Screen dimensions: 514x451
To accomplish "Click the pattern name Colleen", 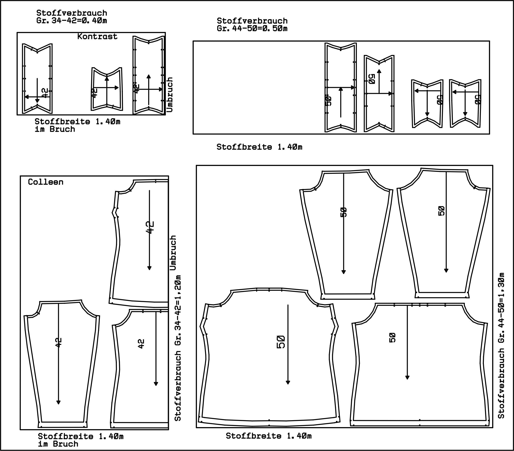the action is (46, 182).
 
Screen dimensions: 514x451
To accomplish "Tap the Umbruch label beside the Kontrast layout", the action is (170, 94).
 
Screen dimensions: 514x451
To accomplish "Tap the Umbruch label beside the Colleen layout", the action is (173, 253).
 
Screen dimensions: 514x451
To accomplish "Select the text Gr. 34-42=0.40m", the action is (72, 21).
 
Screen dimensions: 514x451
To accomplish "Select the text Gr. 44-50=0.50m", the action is (252, 29).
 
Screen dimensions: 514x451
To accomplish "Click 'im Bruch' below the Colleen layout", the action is (58, 444).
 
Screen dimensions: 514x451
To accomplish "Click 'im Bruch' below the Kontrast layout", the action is (55, 129).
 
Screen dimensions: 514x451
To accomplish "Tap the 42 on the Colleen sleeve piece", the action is (58, 343).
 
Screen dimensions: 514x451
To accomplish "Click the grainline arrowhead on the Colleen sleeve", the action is (58, 402).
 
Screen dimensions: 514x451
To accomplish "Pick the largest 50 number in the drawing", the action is (281, 342).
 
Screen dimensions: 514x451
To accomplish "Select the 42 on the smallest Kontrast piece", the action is (94, 93).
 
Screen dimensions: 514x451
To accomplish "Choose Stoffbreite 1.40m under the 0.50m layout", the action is (259, 147).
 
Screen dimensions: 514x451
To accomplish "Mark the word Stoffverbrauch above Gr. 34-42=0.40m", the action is (72, 13).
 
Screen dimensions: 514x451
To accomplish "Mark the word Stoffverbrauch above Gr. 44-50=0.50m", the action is (252, 21).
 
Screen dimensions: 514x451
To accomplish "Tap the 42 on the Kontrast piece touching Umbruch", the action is (136, 89).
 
